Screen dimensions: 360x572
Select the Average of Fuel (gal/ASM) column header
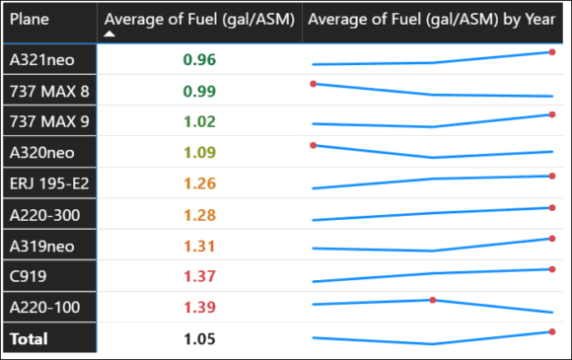click(199, 20)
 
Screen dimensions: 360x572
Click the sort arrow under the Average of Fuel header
click(110, 34)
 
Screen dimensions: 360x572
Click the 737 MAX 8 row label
click(43, 92)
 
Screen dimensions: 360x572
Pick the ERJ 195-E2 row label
click(45, 184)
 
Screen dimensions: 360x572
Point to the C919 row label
click(29, 277)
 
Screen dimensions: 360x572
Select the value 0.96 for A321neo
click(199, 60)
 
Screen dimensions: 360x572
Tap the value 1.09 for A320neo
click(199, 154)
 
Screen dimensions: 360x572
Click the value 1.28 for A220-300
click(199, 216)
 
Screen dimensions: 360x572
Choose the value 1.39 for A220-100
click(199, 308)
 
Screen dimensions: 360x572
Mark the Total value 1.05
click(199, 338)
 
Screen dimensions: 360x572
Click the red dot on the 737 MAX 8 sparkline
click(313, 84)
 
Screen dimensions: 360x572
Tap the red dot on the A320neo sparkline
click(313, 145)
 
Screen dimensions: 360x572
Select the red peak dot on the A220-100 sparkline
click(432, 300)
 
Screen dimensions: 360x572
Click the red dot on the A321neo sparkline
click(552, 52)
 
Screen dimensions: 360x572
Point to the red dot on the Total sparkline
click(552, 331)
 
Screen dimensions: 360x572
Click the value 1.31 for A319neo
click(199, 247)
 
